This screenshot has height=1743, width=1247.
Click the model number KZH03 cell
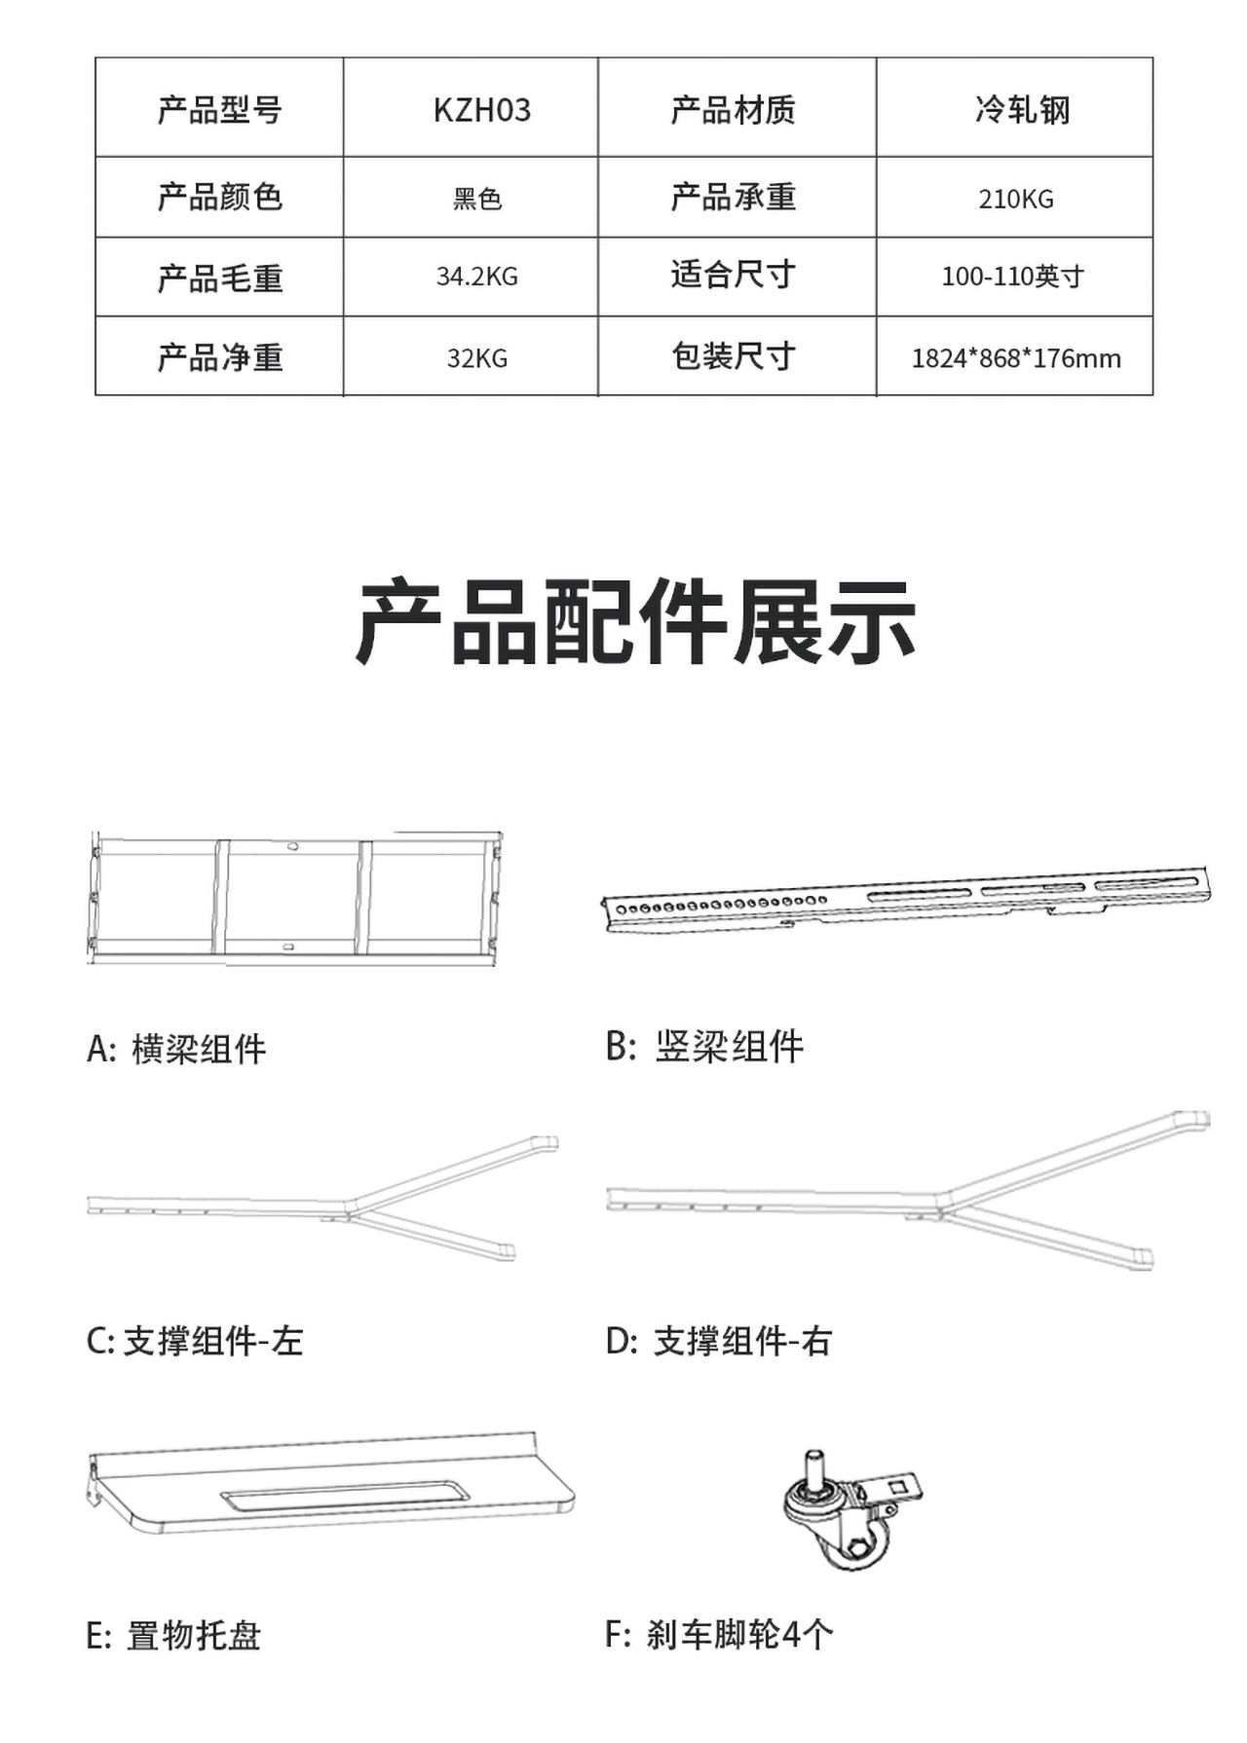tap(482, 110)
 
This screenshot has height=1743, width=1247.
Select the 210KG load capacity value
tap(1016, 199)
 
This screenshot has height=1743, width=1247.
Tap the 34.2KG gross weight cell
tap(476, 277)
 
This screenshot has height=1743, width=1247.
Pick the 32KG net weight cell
tap(476, 358)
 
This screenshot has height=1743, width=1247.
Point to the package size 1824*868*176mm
tap(1016, 358)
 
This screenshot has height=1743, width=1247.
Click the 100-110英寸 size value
tap(1012, 277)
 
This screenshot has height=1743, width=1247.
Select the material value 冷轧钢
tap(1022, 110)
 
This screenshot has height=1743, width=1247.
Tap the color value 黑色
tap(476, 199)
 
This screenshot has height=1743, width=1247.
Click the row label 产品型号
tap(220, 110)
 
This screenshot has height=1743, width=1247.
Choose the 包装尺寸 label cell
tap(734, 356)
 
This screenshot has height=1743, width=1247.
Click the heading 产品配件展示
tap(635, 622)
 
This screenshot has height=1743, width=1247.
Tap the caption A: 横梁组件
tap(176, 1049)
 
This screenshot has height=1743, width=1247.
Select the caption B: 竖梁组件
tap(704, 1047)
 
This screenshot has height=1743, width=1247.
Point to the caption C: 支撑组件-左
tap(195, 1341)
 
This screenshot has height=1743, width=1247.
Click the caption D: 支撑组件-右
tap(719, 1341)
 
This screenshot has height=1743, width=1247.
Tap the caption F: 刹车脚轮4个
tap(719, 1634)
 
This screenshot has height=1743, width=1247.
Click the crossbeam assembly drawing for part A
tap(293, 898)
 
